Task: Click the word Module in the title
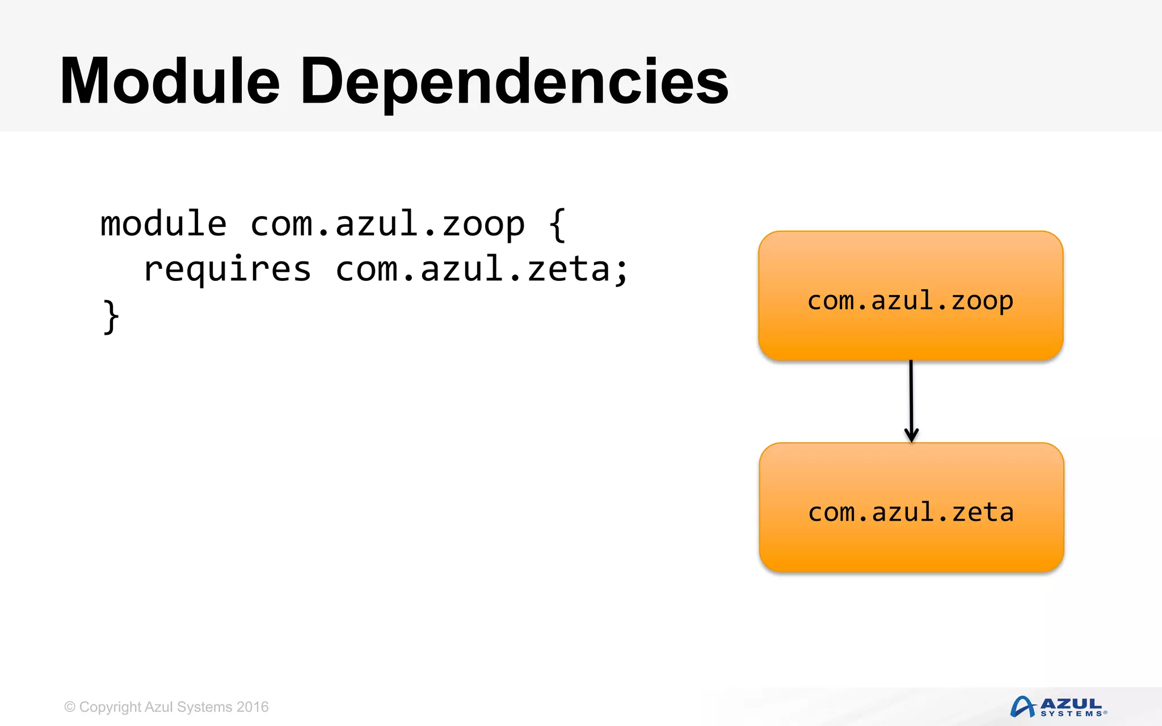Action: [170, 81]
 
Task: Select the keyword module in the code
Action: [163, 223]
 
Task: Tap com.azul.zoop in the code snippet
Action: [388, 225]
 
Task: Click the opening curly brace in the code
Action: [557, 225]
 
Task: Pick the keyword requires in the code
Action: [227, 269]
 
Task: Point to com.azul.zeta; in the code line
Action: [481, 269]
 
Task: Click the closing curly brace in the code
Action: [111, 316]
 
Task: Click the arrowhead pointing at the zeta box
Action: [911, 436]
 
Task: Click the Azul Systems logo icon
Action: [1023, 707]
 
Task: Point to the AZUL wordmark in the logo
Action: [1071, 704]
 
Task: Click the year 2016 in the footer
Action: [252, 707]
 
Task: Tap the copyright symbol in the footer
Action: [70, 707]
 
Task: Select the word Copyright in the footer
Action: [110, 707]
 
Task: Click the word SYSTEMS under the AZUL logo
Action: [1071, 714]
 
